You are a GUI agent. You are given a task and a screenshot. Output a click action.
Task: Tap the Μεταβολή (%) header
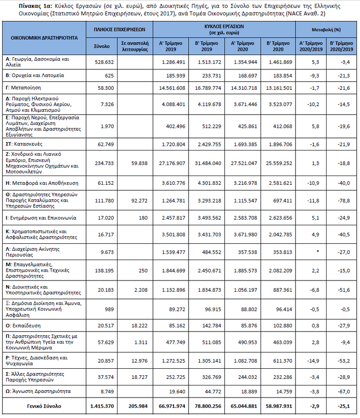coord(327,29)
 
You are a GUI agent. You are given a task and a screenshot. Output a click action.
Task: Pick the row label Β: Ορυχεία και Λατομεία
coord(35,75)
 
